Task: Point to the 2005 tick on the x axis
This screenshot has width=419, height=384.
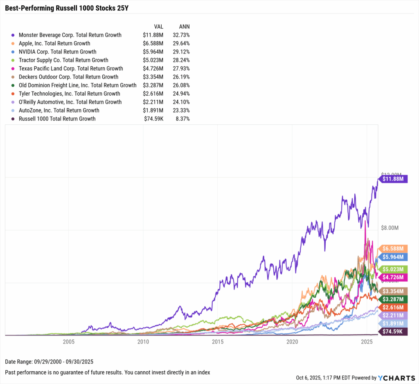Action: click(68, 341)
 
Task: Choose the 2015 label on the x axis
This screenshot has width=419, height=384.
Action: click(217, 341)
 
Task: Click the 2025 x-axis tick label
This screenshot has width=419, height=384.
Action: click(367, 341)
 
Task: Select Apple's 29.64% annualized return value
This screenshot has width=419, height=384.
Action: click(181, 43)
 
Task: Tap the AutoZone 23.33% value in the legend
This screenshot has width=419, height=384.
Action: click(181, 110)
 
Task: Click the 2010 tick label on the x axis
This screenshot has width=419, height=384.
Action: click(143, 341)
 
